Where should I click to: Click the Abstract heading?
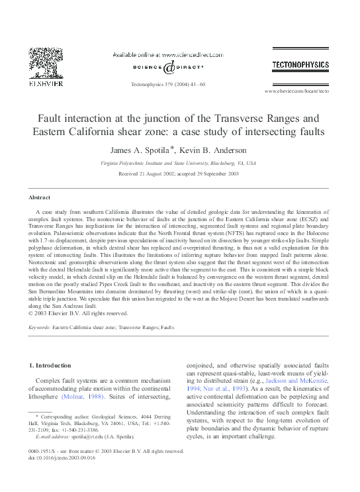(x=39, y=198)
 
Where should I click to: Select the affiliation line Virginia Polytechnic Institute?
(x=178, y=162)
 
